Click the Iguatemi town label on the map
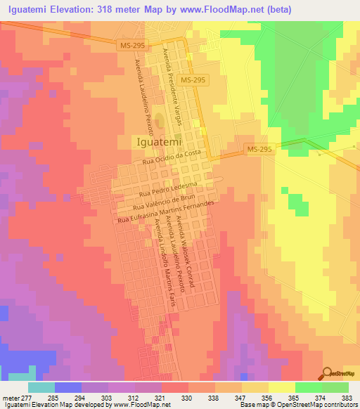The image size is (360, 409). (x=159, y=141)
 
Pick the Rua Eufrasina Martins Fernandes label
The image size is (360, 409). (x=174, y=212)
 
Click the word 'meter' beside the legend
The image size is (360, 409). (x=11, y=398)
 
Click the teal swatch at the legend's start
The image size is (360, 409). (x=41, y=387)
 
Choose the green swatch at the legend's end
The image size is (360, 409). (x=335, y=387)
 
